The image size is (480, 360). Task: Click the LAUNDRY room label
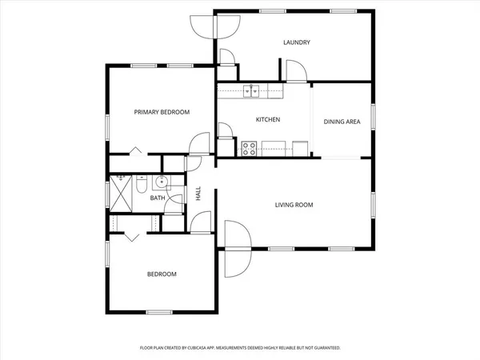click(297, 42)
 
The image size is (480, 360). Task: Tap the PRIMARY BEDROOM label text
click(162, 113)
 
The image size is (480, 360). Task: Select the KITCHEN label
click(267, 120)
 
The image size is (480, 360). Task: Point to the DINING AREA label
click(342, 122)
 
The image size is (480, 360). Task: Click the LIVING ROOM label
click(294, 205)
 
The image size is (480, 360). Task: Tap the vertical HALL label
click(198, 194)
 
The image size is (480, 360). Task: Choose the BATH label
click(157, 198)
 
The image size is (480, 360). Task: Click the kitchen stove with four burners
click(249, 148)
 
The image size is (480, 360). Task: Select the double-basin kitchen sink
click(252, 90)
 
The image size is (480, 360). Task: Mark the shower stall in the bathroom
click(122, 192)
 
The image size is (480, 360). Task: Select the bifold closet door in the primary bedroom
click(135, 150)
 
